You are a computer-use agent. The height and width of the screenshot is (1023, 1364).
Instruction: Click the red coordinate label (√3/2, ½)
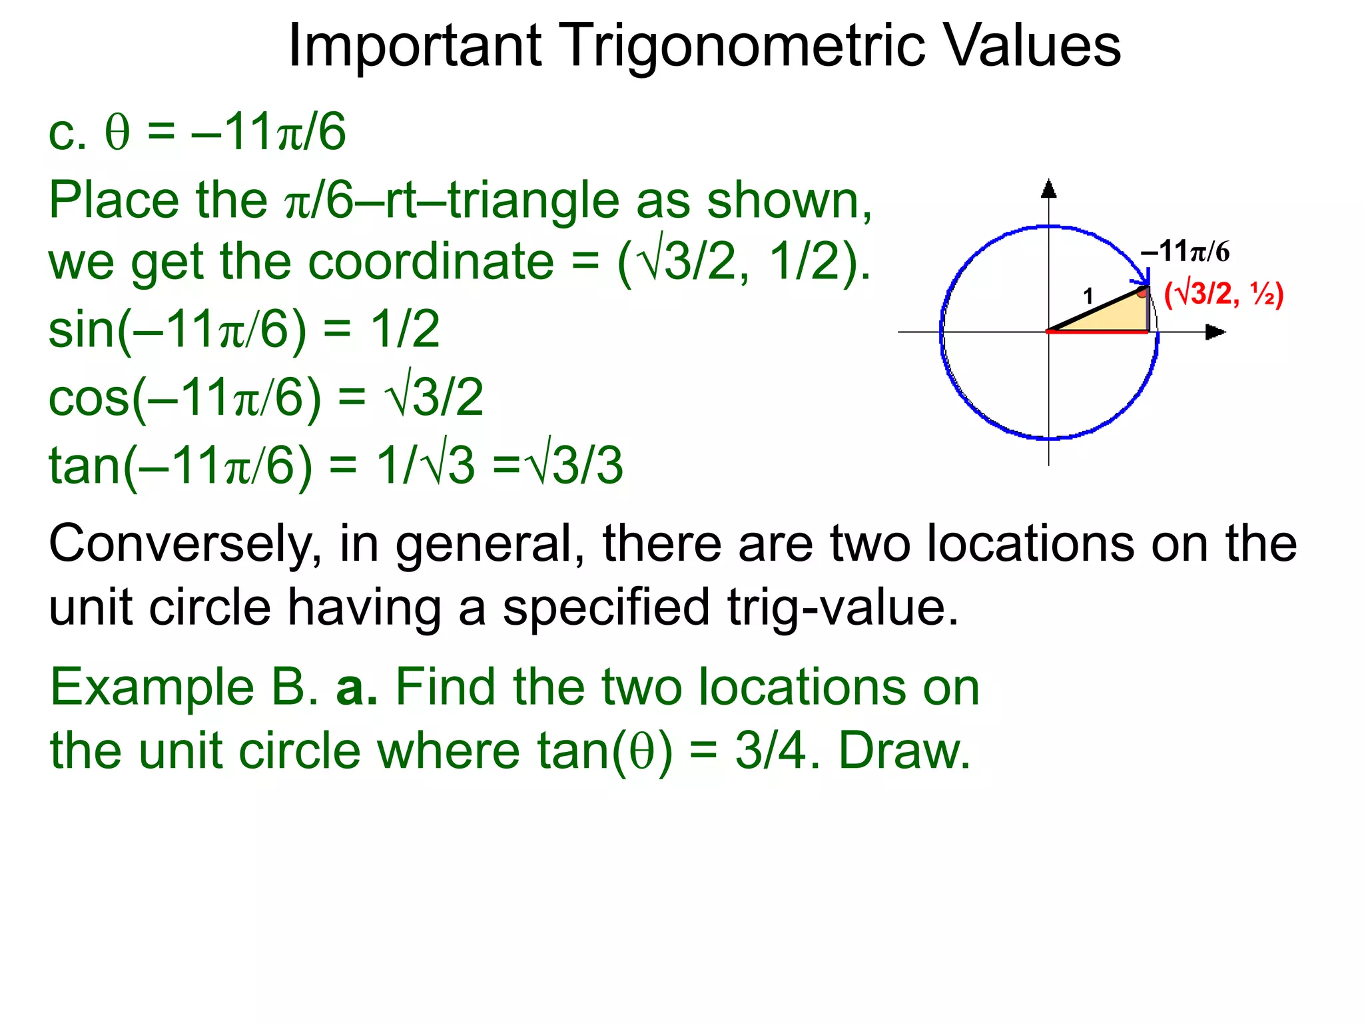point(1223,294)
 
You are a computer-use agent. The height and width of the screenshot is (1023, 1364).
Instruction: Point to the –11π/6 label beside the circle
point(1185,252)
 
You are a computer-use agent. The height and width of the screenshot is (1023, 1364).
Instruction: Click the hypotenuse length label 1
point(1088,296)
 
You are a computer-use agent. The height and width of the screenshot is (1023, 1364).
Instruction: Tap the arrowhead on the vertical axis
point(1049,189)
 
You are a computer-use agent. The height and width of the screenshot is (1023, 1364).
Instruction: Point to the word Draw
point(904,751)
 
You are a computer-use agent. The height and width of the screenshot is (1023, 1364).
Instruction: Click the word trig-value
point(843,607)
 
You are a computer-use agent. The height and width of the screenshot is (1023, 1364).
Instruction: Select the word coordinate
point(431,261)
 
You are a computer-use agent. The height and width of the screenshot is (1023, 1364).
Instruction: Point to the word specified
point(606,607)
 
